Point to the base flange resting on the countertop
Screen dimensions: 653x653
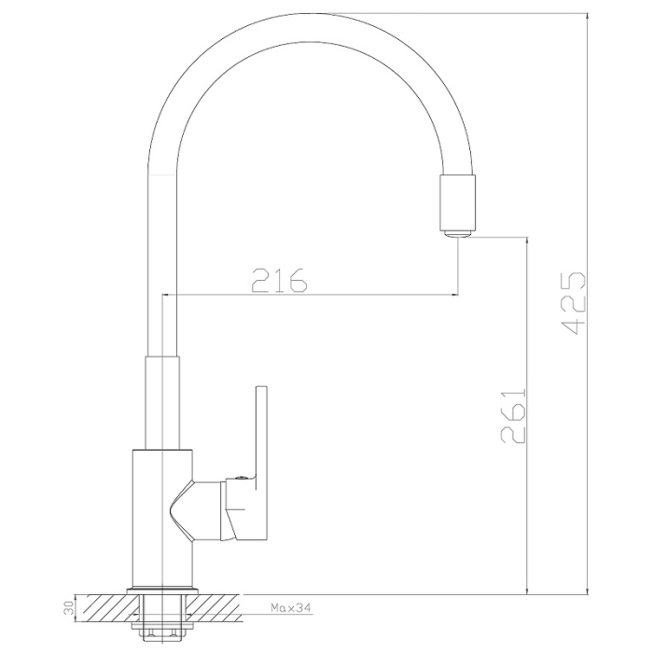coord(160,590)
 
